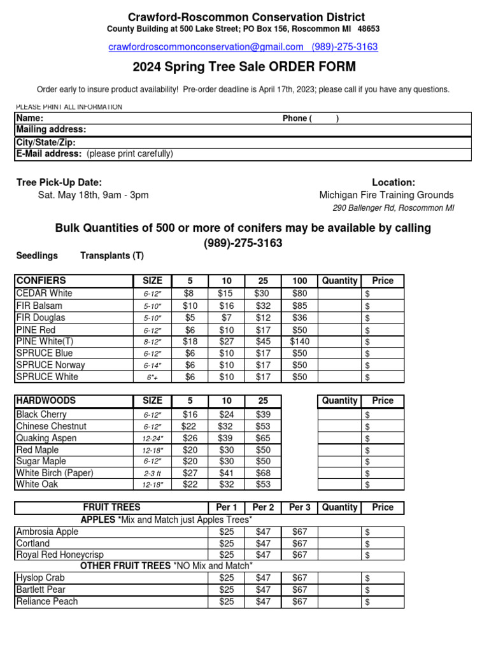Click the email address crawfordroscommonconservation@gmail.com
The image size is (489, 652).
tap(206, 47)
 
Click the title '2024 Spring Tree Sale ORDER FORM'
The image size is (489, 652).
tap(244, 67)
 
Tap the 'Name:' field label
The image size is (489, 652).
tap(30, 118)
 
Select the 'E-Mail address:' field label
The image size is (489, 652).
tap(49, 153)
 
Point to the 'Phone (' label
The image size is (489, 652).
tap(297, 118)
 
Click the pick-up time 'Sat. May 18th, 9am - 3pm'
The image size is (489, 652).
tap(93, 195)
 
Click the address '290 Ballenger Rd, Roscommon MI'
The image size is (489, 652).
tap(393, 208)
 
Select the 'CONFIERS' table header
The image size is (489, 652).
tap(41, 281)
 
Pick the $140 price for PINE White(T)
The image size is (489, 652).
tap(299, 341)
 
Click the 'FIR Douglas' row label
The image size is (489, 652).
tap(41, 317)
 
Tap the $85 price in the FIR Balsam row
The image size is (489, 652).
tap(299, 305)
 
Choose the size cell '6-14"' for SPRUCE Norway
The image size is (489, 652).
tap(152, 365)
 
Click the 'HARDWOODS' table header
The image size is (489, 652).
tap(46, 400)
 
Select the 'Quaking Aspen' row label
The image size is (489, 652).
tap(46, 438)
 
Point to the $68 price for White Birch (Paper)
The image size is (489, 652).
tap(262, 473)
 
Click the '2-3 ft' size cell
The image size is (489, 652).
tap(152, 473)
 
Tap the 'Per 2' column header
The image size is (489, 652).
tap(263, 507)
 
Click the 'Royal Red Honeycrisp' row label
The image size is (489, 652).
tap(60, 555)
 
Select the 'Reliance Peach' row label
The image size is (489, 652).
tap(47, 602)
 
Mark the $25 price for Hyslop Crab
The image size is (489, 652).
tap(226, 578)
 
